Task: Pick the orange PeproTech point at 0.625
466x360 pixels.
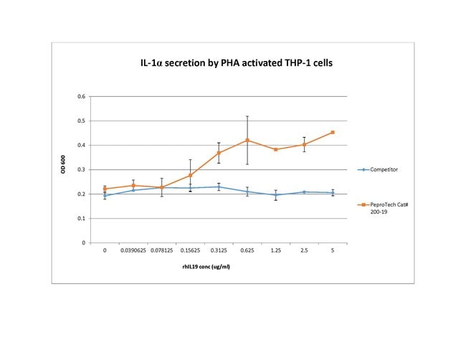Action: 247,140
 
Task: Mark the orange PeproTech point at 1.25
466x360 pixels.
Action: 276,149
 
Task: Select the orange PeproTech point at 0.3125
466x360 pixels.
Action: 219,153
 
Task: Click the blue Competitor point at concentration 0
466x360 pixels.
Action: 105,196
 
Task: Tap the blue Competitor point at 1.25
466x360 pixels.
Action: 276,195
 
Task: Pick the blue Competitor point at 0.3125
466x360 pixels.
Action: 219,186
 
